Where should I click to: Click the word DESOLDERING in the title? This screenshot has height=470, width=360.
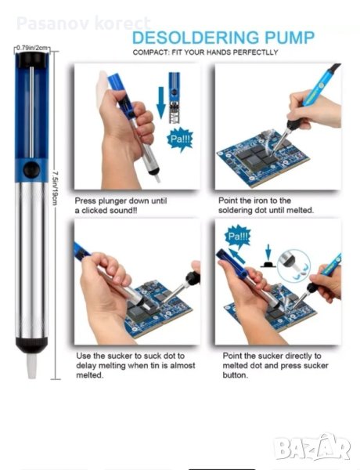[196, 38]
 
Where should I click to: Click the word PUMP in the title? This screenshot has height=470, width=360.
[290, 38]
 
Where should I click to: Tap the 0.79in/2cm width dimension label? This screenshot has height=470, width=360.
[32, 48]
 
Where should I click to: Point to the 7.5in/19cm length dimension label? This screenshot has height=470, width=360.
[55, 188]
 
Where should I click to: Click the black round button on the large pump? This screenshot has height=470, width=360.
[31, 170]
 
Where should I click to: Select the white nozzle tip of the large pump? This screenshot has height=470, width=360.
[31, 366]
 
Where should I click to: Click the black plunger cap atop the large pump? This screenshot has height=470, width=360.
[32, 60]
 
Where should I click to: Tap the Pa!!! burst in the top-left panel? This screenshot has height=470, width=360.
[180, 139]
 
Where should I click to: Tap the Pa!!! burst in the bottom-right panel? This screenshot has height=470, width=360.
[238, 237]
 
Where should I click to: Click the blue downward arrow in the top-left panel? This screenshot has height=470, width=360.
[161, 103]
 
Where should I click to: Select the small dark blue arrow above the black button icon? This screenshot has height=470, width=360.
[268, 251]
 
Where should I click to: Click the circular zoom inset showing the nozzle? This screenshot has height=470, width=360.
[293, 265]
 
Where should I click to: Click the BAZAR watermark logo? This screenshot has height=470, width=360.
[312, 447]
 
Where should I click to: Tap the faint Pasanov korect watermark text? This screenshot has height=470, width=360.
[83, 23]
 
